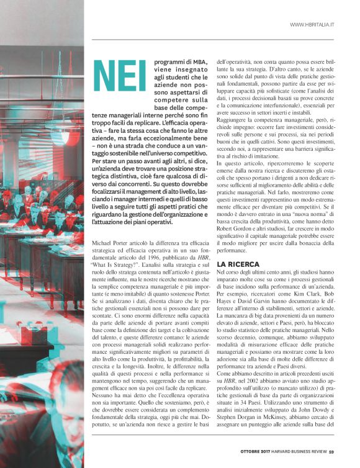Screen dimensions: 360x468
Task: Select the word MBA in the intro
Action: [198, 62]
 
